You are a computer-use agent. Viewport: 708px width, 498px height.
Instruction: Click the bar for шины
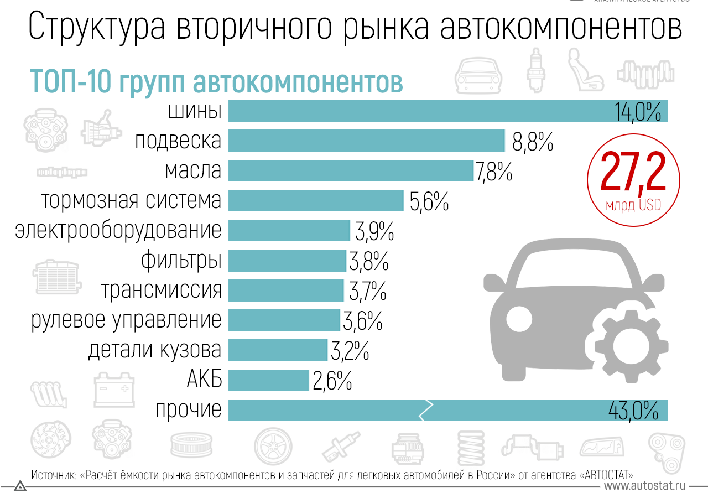(420, 111)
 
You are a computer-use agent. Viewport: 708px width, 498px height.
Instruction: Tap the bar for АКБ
(268, 380)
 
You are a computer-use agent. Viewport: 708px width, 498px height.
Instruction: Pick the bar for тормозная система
(316, 200)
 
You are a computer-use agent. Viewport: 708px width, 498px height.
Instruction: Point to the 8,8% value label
(533, 142)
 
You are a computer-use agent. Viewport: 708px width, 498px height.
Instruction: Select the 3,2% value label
(350, 351)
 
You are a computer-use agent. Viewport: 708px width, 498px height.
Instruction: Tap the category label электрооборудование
(118, 230)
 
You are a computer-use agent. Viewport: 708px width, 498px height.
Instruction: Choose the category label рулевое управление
(126, 320)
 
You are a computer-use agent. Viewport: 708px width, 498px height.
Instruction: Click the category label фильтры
(181, 260)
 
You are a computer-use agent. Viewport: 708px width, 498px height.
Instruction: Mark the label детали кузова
(155, 350)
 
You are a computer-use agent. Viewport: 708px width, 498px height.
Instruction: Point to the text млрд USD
(633, 205)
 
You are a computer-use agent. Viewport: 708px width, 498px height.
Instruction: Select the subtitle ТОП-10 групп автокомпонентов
(216, 81)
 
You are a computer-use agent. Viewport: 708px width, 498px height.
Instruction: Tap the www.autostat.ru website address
(645, 486)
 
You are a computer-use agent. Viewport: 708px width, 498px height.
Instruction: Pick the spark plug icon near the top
(535, 69)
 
